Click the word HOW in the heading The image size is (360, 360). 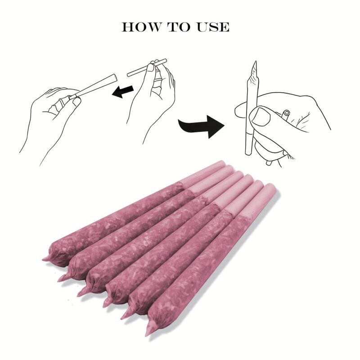pos(141,27)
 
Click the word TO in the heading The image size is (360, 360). pos(180,27)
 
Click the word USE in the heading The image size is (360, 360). pos(213,27)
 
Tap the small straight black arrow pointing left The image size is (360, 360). pos(123,91)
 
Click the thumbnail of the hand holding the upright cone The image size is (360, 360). pos(261,117)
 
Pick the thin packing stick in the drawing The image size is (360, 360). pos(147,67)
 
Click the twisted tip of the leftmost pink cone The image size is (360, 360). pos(46,259)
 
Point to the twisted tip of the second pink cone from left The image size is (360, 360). pos(62,278)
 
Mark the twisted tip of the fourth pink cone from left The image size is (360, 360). pos(106,302)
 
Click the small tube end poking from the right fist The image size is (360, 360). pos(286,113)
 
